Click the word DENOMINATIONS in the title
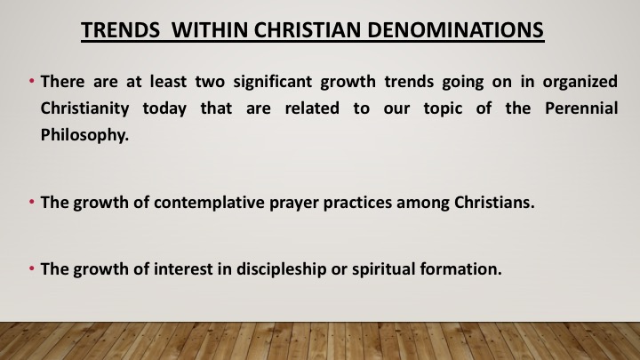point(455,30)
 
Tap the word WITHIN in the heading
point(210,30)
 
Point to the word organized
point(580,82)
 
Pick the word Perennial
point(581,108)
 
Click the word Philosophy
point(84,135)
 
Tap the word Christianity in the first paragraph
point(85,108)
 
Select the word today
point(164,109)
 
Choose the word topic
point(443,109)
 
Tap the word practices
point(357,203)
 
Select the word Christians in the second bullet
point(494,202)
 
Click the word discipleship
point(281,269)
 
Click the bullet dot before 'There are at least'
point(32,81)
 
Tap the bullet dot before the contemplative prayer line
point(32,202)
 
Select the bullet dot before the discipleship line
point(32,268)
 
